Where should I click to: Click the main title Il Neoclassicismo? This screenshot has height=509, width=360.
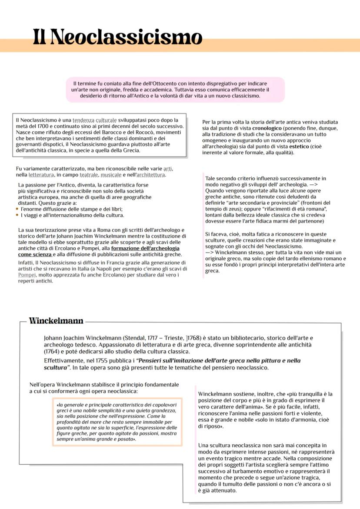coord(117,37)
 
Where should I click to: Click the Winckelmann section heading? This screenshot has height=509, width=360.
coord(56,321)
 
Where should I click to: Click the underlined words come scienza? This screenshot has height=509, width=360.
coord(37,254)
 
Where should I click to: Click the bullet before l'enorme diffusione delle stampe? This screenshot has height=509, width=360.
coord(17,209)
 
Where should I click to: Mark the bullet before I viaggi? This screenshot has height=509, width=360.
coord(17,215)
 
